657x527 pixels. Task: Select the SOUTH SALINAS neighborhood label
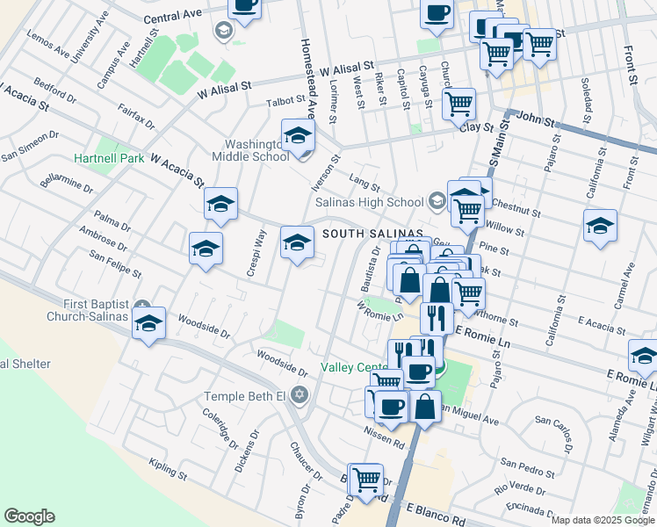[x=373, y=234]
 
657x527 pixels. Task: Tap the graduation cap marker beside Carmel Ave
[x=600, y=227]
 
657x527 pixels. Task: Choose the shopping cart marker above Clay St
[x=458, y=105]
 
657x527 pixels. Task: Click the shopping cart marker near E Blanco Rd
[x=366, y=480]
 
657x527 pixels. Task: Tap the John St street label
[x=538, y=117]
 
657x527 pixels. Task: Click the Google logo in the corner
[x=29, y=516]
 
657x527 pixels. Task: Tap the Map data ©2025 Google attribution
[x=603, y=520]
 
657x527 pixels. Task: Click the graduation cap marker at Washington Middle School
[x=298, y=136]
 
